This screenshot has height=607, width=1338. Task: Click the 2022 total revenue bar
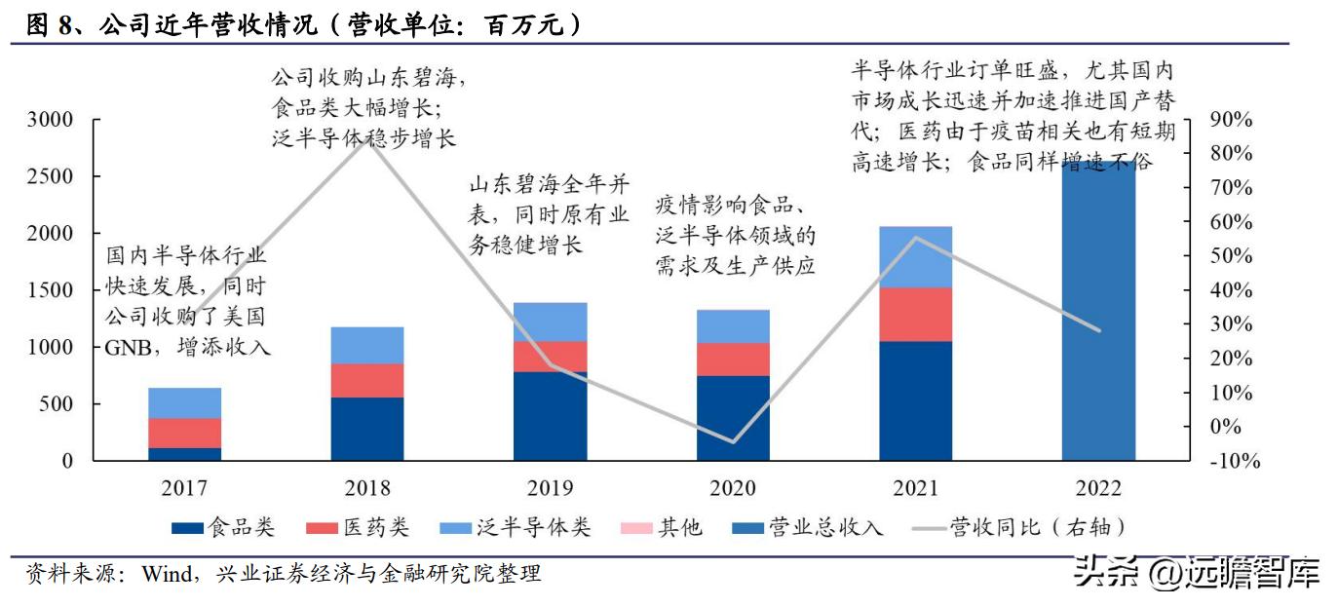(x=1098, y=312)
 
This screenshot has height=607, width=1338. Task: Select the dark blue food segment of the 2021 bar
(x=915, y=400)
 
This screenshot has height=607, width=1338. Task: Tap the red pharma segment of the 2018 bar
(x=367, y=380)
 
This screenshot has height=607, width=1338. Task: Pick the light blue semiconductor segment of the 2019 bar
(x=550, y=322)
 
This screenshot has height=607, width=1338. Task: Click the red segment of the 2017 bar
(x=184, y=433)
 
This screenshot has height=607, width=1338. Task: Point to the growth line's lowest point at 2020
(x=733, y=441)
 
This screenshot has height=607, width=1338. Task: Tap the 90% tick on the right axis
(x=1230, y=120)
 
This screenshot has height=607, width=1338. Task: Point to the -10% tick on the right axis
(x=1233, y=462)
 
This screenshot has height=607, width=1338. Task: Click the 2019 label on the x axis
(x=550, y=488)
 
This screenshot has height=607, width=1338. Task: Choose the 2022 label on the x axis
(x=1098, y=488)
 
